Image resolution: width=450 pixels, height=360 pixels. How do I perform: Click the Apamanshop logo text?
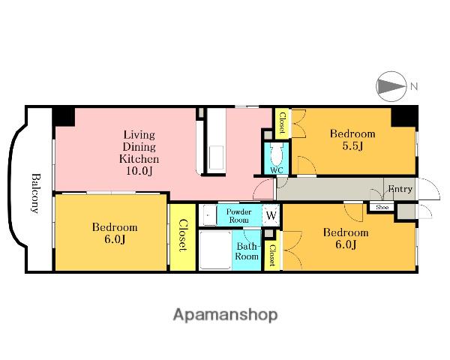(225, 315)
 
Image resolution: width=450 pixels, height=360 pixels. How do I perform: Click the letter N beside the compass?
(414, 86)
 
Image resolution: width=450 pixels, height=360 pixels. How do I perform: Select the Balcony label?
(35, 193)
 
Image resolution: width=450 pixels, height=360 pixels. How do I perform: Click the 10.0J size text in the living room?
(139, 171)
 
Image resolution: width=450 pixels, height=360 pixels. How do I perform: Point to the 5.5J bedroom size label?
(352, 146)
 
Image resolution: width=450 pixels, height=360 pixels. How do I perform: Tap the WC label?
(277, 170)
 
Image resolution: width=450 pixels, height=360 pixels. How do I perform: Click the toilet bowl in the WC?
(277, 154)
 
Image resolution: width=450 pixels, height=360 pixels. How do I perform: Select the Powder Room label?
(238, 216)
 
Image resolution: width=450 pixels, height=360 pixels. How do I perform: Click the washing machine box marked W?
(271, 215)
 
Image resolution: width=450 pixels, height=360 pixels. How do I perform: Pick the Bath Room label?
(247, 251)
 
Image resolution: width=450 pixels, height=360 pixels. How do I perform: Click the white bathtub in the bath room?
(215, 250)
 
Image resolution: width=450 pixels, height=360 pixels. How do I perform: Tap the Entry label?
(400, 189)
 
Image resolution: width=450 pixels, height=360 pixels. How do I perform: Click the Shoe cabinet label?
(382, 207)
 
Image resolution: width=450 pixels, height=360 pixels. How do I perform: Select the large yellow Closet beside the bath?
(183, 237)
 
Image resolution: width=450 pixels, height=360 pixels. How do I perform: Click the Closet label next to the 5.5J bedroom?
(283, 123)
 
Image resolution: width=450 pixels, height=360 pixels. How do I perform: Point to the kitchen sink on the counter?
(216, 157)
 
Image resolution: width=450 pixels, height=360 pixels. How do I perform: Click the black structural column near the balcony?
(64, 116)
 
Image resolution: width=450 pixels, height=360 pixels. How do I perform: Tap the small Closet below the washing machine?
(272, 256)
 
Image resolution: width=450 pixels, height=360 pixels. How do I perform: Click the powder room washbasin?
(208, 215)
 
